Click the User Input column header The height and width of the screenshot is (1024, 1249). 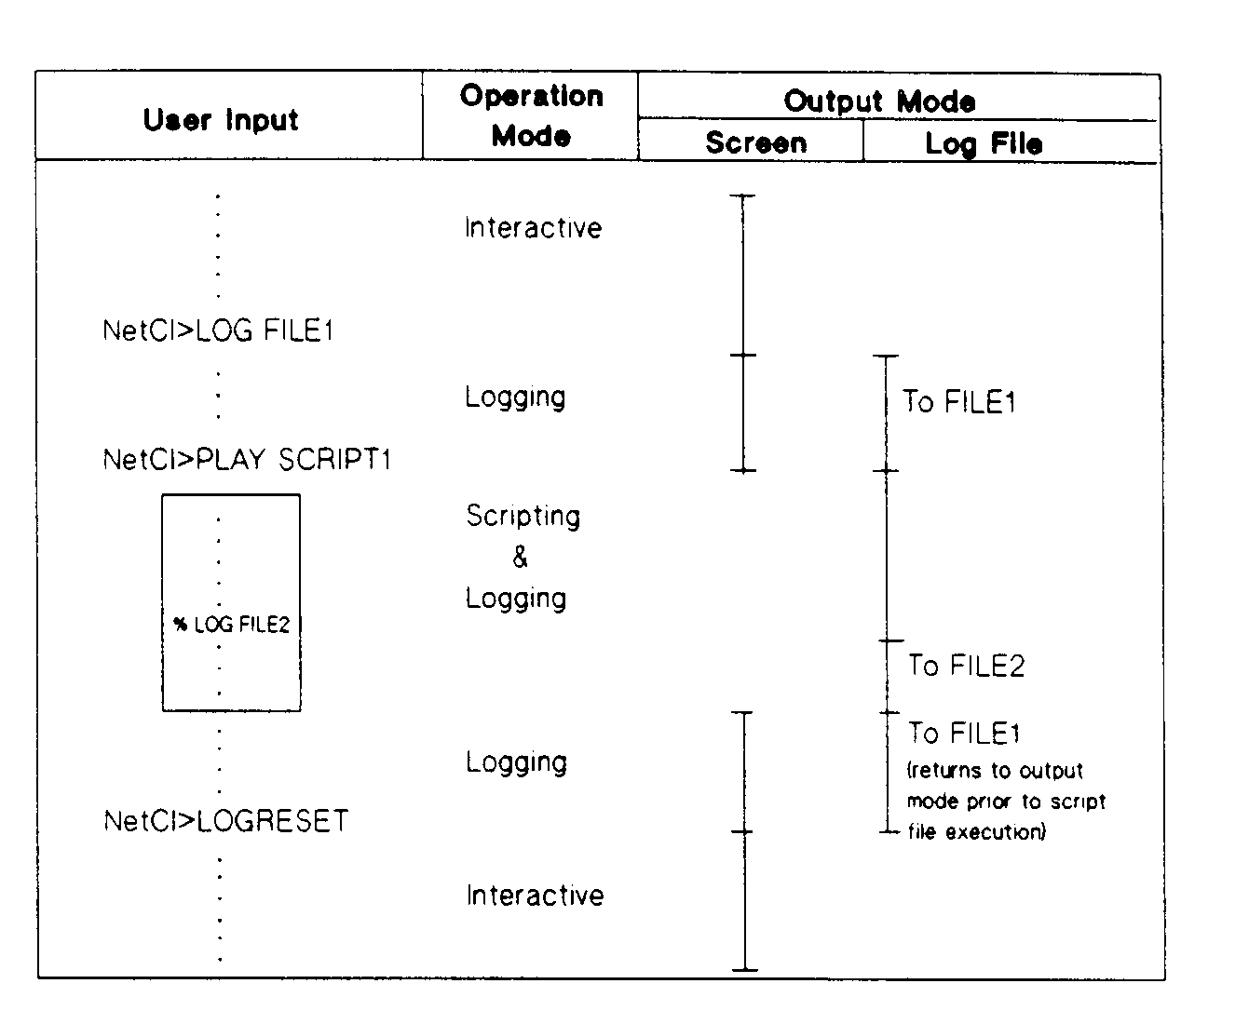221,120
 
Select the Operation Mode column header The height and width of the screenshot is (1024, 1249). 531,116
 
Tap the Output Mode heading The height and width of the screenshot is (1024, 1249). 879,101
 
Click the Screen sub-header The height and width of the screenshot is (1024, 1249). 755,142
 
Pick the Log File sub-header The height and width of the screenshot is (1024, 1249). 984,143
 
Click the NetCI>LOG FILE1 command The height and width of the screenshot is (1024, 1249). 218,330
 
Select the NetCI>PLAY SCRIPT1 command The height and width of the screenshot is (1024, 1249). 247,459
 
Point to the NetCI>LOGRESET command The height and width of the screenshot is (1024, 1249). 226,821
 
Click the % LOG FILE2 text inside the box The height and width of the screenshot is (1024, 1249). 232,625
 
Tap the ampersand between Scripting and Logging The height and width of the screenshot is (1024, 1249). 520,557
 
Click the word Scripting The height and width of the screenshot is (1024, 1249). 523,516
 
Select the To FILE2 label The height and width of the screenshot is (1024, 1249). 966,666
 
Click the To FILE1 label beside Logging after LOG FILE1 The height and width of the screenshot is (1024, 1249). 958,402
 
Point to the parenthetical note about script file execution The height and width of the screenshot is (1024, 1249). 1005,802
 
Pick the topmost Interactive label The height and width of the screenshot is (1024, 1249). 533,228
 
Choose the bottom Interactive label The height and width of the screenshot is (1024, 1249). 535,896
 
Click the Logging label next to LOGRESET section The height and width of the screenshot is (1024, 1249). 516,762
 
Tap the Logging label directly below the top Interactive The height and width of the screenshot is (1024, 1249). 515,397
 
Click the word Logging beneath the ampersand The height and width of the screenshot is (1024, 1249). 516,598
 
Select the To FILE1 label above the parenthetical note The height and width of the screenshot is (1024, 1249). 964,734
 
